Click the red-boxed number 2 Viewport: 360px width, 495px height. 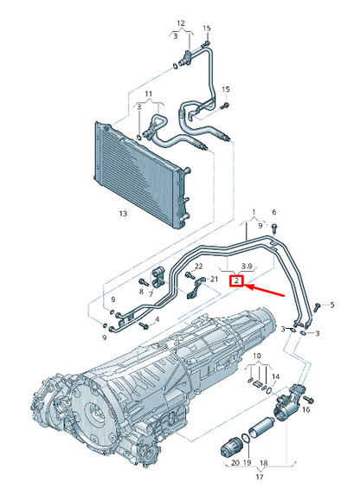[235, 280]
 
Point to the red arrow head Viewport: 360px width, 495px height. [249, 286]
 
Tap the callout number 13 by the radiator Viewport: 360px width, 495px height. [124, 212]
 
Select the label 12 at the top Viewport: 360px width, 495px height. [181, 22]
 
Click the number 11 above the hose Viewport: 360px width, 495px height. [148, 93]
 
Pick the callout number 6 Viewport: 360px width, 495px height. [274, 212]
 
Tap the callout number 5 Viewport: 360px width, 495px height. [331, 305]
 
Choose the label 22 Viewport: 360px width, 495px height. [197, 266]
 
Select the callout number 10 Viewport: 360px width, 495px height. [255, 357]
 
